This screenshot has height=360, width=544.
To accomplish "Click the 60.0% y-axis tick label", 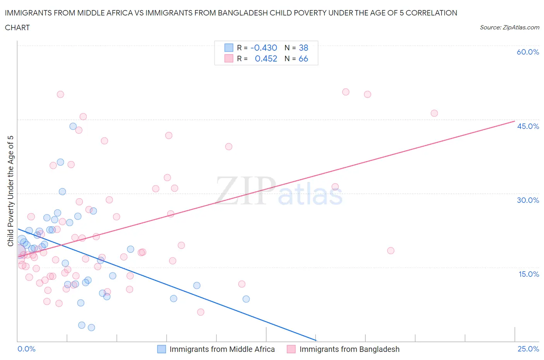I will pos(528,52).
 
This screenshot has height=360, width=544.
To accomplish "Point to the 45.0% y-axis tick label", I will pos(528,126).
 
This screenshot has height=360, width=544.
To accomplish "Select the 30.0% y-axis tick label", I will pos(528,200).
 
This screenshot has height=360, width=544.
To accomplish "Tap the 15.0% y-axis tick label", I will pos(528,274).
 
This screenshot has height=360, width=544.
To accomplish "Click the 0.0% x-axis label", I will pos(26,349).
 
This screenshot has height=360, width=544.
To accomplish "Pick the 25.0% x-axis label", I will pos(528,349).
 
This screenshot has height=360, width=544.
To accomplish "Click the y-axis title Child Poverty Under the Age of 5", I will pos(10,191).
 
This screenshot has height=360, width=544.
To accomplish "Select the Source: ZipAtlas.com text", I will pos(509,27).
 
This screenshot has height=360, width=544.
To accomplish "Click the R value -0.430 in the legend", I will pos(263,48).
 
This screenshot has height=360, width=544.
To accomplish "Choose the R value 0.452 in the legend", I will pos(266,58).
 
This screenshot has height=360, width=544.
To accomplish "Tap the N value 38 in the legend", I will pos(303,48).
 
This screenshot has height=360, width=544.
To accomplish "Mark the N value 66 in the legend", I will pos(303,58).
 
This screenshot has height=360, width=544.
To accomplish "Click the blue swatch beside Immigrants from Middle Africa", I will pos(161,349).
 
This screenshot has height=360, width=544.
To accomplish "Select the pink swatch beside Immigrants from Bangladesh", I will pos(291,349).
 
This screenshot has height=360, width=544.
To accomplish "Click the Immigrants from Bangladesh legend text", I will pos(349,349).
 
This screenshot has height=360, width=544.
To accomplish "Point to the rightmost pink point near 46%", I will pos(434,113).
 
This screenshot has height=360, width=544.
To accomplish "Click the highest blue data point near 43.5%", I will pos(73,126).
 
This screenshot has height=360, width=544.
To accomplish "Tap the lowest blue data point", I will pos(91,327).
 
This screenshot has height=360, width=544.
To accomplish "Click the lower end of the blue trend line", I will pos(316,340).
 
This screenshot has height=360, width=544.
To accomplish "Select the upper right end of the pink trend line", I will pos(515,121).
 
